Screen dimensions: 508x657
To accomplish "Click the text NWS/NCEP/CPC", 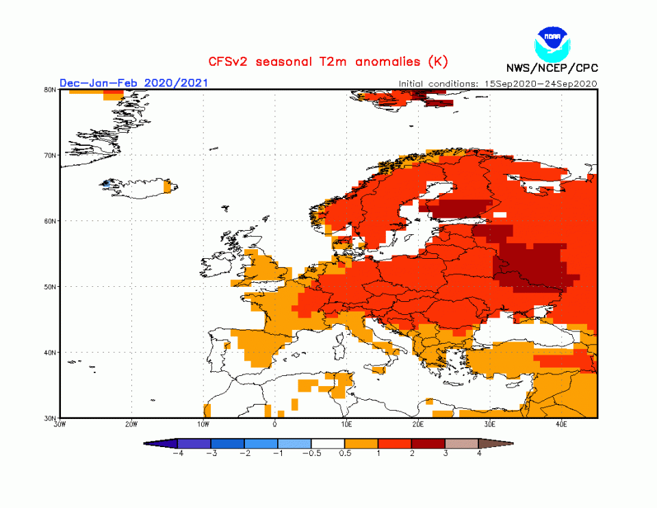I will (551, 68).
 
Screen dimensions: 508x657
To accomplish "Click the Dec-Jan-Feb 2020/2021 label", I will (133, 83).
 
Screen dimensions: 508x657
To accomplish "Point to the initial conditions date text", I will (498, 84).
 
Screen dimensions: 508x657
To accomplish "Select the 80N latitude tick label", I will (50, 89).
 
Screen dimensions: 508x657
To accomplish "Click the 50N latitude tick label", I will (50, 287).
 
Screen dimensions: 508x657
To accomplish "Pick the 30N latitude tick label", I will (50, 418).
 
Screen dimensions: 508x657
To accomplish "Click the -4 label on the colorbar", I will (177, 453).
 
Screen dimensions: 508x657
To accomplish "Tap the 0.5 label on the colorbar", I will (345, 453).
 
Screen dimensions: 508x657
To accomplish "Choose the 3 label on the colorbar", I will (446, 453).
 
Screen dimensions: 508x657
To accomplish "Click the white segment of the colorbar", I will (328, 444).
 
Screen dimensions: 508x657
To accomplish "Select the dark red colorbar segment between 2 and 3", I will (428, 444).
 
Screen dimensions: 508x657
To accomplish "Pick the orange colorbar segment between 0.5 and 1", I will (361, 444).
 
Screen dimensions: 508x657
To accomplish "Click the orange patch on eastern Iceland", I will (168, 186).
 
